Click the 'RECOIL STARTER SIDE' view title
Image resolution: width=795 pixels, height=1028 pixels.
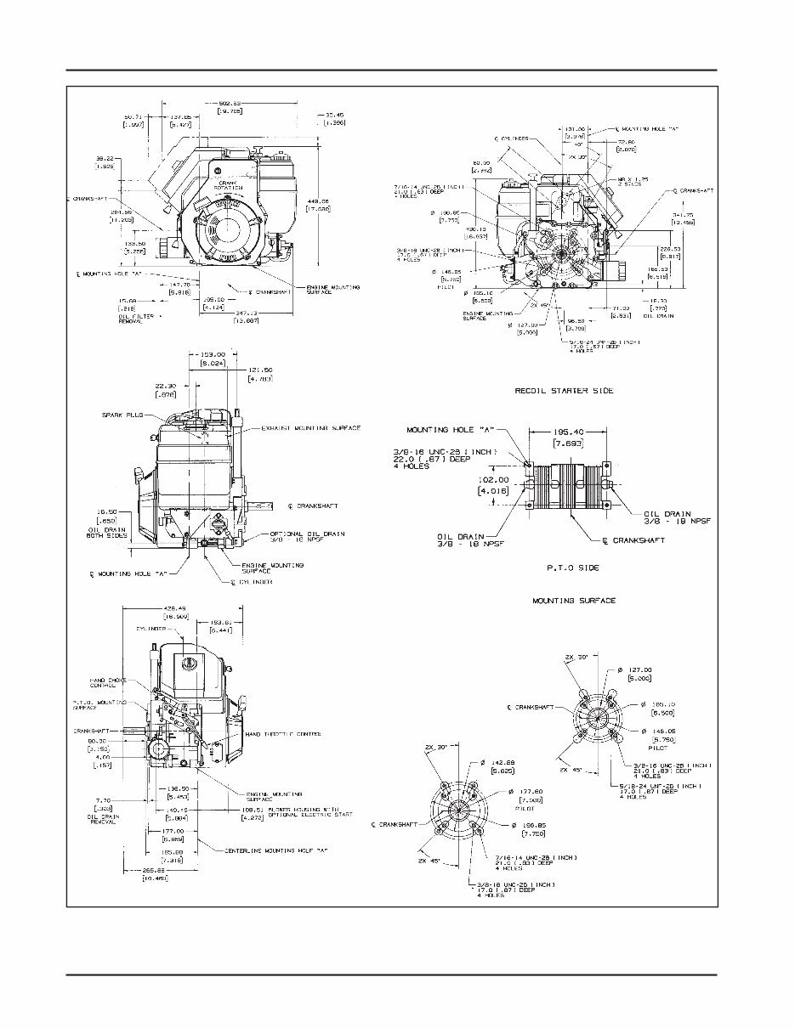click(564, 391)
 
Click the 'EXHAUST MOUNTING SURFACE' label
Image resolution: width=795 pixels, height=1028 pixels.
click(310, 427)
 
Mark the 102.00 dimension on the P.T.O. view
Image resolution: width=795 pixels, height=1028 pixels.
click(493, 480)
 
